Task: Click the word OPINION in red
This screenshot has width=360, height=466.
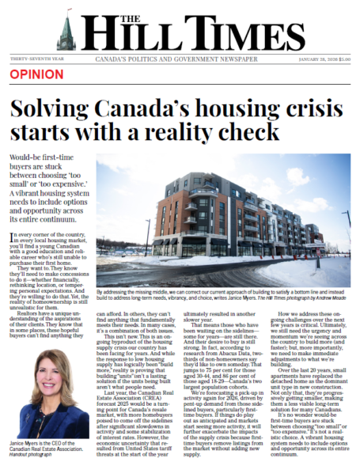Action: pyautogui.click(x=37, y=74)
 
